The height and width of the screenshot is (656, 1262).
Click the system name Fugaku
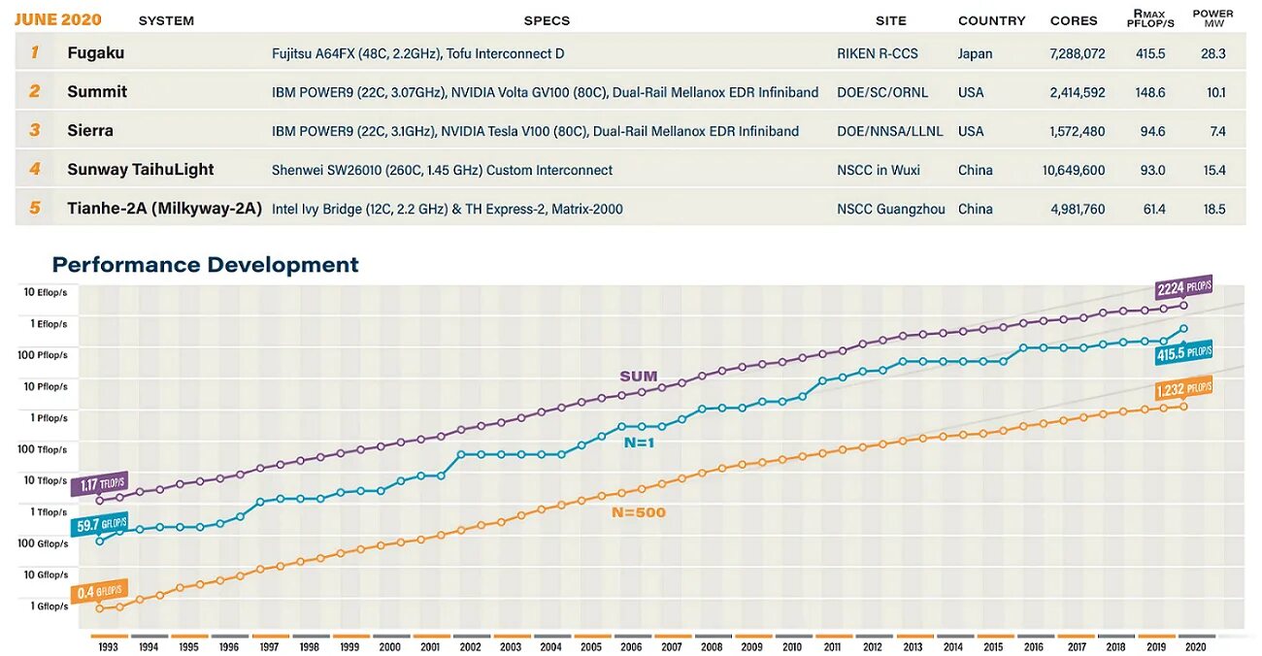coord(96,53)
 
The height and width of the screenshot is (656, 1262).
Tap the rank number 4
coord(35,169)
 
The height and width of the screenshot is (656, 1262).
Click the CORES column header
coord(1074,20)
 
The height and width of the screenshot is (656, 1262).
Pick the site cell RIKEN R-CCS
coord(877,53)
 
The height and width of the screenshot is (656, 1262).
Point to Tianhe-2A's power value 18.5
coord(1213,209)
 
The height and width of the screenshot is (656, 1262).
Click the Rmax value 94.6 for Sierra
coord(1153,131)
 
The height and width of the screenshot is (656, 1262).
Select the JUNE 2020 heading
coord(57,19)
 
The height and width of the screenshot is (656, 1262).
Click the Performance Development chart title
coord(205,265)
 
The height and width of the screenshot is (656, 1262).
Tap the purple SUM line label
coord(638,376)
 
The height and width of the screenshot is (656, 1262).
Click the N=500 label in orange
coord(639,511)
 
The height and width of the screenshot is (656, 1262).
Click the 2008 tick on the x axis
coord(712,646)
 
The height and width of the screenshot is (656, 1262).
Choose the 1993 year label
coord(108,646)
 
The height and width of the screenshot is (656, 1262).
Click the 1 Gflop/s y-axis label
coord(49,607)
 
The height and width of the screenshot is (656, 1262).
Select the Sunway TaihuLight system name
coord(141,170)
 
